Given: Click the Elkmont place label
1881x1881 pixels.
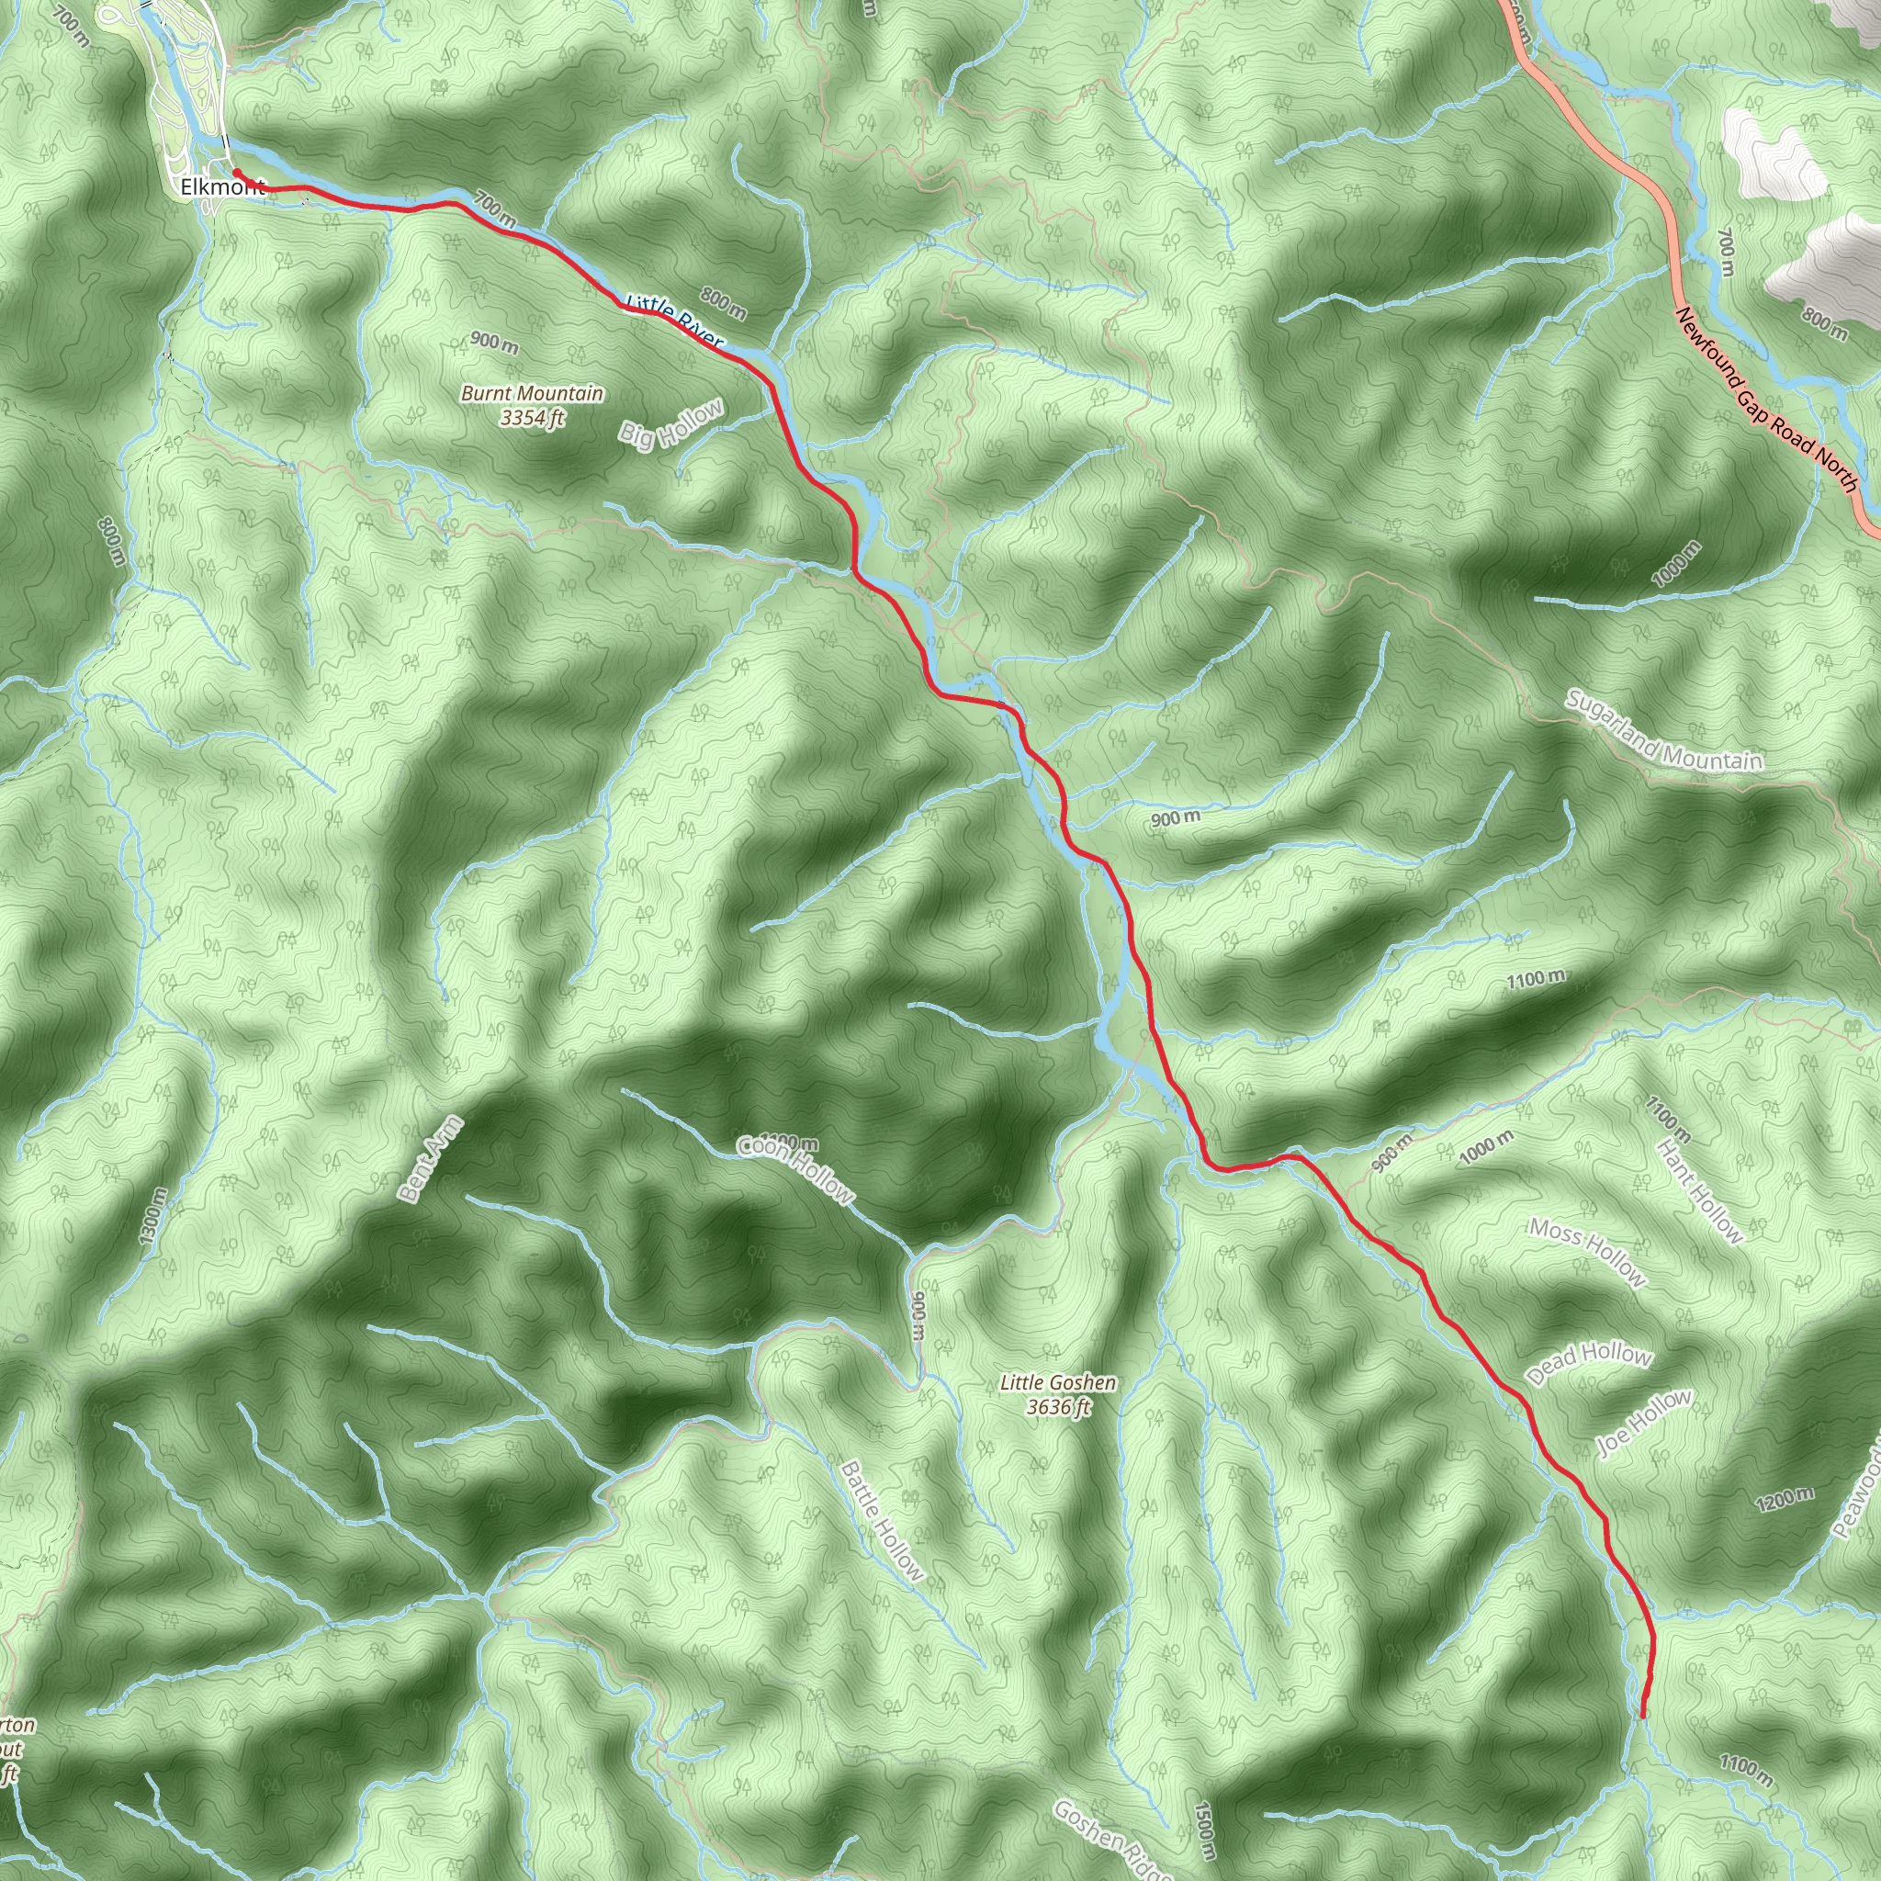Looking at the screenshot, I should click(222, 187).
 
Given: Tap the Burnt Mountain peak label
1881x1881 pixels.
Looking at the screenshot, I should click(532, 405).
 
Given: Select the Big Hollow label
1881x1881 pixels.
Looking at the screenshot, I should click(671, 424).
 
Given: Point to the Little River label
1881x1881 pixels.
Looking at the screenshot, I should click(675, 321).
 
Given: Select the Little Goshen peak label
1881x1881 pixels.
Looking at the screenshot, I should click(1058, 1394).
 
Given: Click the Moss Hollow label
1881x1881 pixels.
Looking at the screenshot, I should click(1587, 1252).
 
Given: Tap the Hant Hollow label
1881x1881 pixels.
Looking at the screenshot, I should click(1699, 1190).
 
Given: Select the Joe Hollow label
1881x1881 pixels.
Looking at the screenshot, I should click(1644, 1423).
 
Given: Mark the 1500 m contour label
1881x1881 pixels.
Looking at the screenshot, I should click(1204, 1831).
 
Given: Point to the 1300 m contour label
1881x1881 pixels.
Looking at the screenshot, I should click(152, 1216).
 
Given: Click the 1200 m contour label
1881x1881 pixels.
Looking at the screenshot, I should click(1785, 1499).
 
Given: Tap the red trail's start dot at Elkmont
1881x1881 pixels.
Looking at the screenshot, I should click(237, 174).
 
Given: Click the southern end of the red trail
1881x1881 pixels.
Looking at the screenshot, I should click(1643, 1716).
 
